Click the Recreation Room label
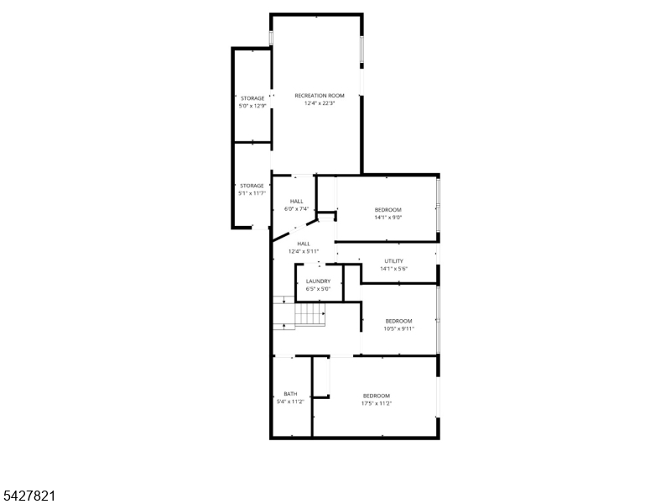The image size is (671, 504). pyautogui.click(x=320, y=96)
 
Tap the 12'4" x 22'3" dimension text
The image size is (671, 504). pyautogui.click(x=320, y=103)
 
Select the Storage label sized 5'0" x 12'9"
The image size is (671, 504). pyautogui.click(x=252, y=98)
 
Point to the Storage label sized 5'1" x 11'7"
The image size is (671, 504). pyautogui.click(x=252, y=186)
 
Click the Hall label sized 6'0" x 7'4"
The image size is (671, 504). pyautogui.click(x=297, y=201)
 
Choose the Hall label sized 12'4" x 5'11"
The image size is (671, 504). pyautogui.click(x=304, y=244)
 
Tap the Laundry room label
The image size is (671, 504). pyautogui.click(x=319, y=281)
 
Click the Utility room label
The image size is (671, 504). pyautogui.click(x=393, y=261)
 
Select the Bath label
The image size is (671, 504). pyautogui.click(x=290, y=394)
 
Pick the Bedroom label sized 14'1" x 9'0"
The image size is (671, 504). pyautogui.click(x=388, y=209)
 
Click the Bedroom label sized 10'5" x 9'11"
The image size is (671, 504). pyautogui.click(x=399, y=321)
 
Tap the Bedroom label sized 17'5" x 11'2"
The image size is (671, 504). pyautogui.click(x=377, y=396)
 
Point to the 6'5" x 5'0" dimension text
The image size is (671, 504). pyautogui.click(x=319, y=289)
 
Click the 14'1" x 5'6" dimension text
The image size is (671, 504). pyautogui.click(x=393, y=269)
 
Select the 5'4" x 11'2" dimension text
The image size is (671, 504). pyautogui.click(x=290, y=402)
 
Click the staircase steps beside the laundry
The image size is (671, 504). pyautogui.click(x=309, y=314)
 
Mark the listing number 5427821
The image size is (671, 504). pyautogui.click(x=29, y=496)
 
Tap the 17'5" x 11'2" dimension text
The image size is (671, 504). pyautogui.click(x=377, y=403)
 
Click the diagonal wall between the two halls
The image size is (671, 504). pyautogui.click(x=295, y=230)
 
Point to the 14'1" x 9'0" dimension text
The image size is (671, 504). pyautogui.click(x=388, y=218)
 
